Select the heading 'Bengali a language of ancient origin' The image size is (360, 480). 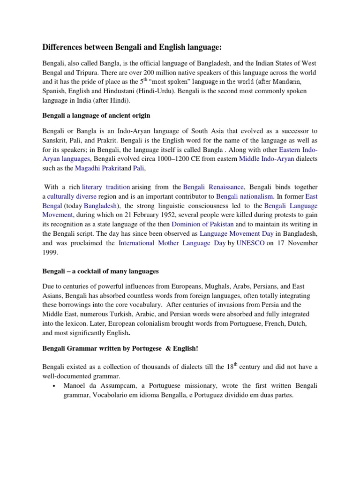coord(96,115)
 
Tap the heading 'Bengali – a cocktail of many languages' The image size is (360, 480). coord(101,271)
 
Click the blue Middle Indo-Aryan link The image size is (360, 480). coord(267,159)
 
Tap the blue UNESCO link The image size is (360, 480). coord(250,243)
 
